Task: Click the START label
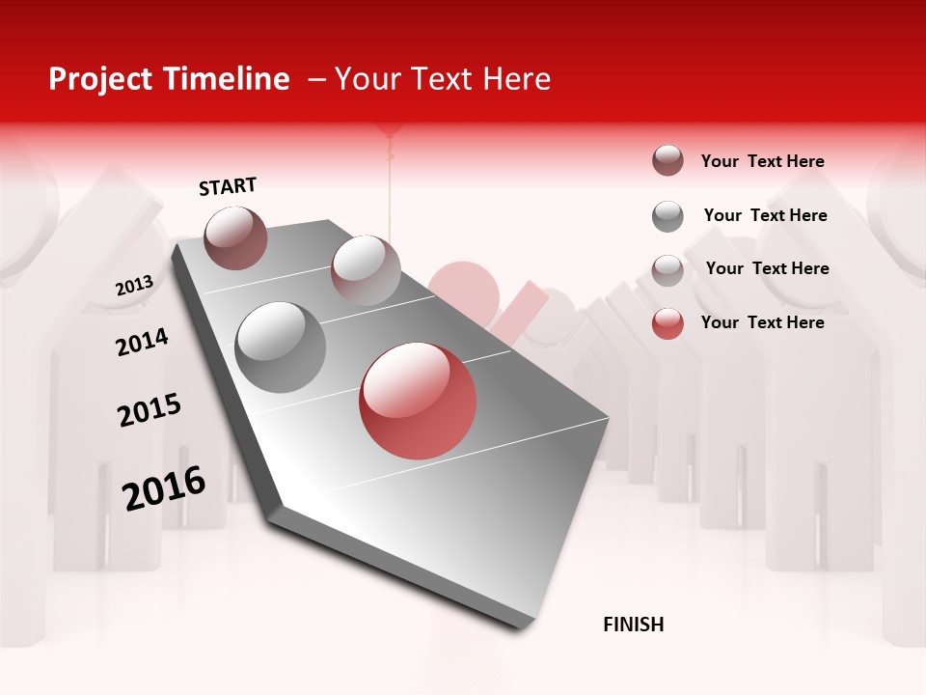tap(228, 186)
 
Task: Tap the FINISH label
tap(633, 625)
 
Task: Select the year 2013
tap(134, 286)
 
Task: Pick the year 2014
tap(142, 342)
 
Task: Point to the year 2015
tap(150, 409)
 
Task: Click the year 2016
tap(164, 488)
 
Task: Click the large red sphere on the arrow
tap(418, 401)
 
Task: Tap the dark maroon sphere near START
tap(235, 237)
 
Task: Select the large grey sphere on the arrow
tap(280, 347)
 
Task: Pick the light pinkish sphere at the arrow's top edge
tap(366, 269)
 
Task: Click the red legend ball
tap(667, 323)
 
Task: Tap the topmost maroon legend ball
tap(667, 160)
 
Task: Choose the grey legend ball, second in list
tap(667, 216)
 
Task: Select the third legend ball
tap(667, 269)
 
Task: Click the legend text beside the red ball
tap(762, 322)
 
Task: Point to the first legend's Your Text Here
tap(762, 161)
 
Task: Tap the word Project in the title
tap(100, 79)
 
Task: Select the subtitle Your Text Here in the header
tap(443, 79)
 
